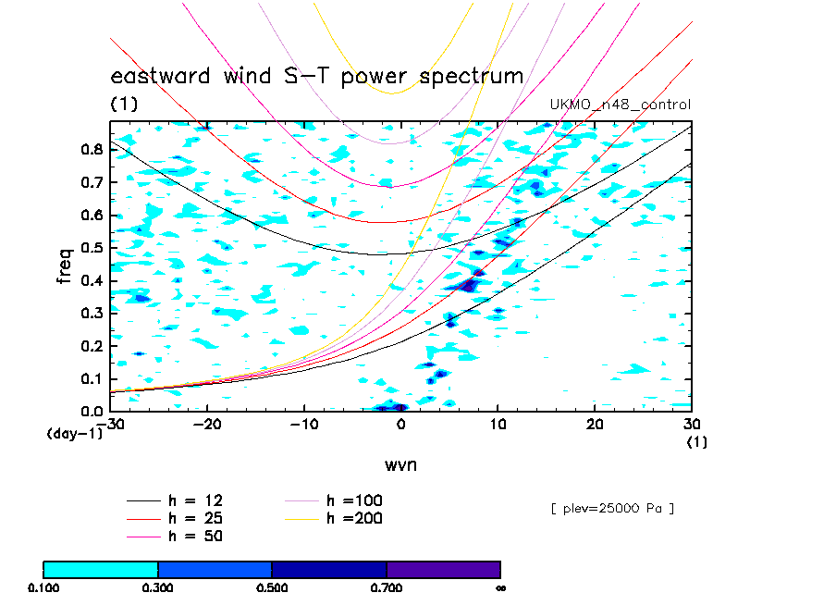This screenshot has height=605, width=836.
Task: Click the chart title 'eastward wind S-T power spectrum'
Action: [x=317, y=76]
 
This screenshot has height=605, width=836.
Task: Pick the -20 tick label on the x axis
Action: [x=205, y=424]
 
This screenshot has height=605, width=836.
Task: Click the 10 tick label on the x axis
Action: [x=498, y=424]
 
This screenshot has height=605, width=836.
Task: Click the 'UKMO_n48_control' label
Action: [x=620, y=105]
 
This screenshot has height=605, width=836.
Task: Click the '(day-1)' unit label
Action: [x=75, y=433]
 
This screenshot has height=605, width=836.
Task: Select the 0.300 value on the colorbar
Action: [x=158, y=586]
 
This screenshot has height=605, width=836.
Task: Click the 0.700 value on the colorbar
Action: [x=387, y=586]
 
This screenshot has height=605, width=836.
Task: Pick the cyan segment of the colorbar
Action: [x=101, y=569]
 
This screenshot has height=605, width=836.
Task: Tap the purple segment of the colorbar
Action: [x=443, y=569]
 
